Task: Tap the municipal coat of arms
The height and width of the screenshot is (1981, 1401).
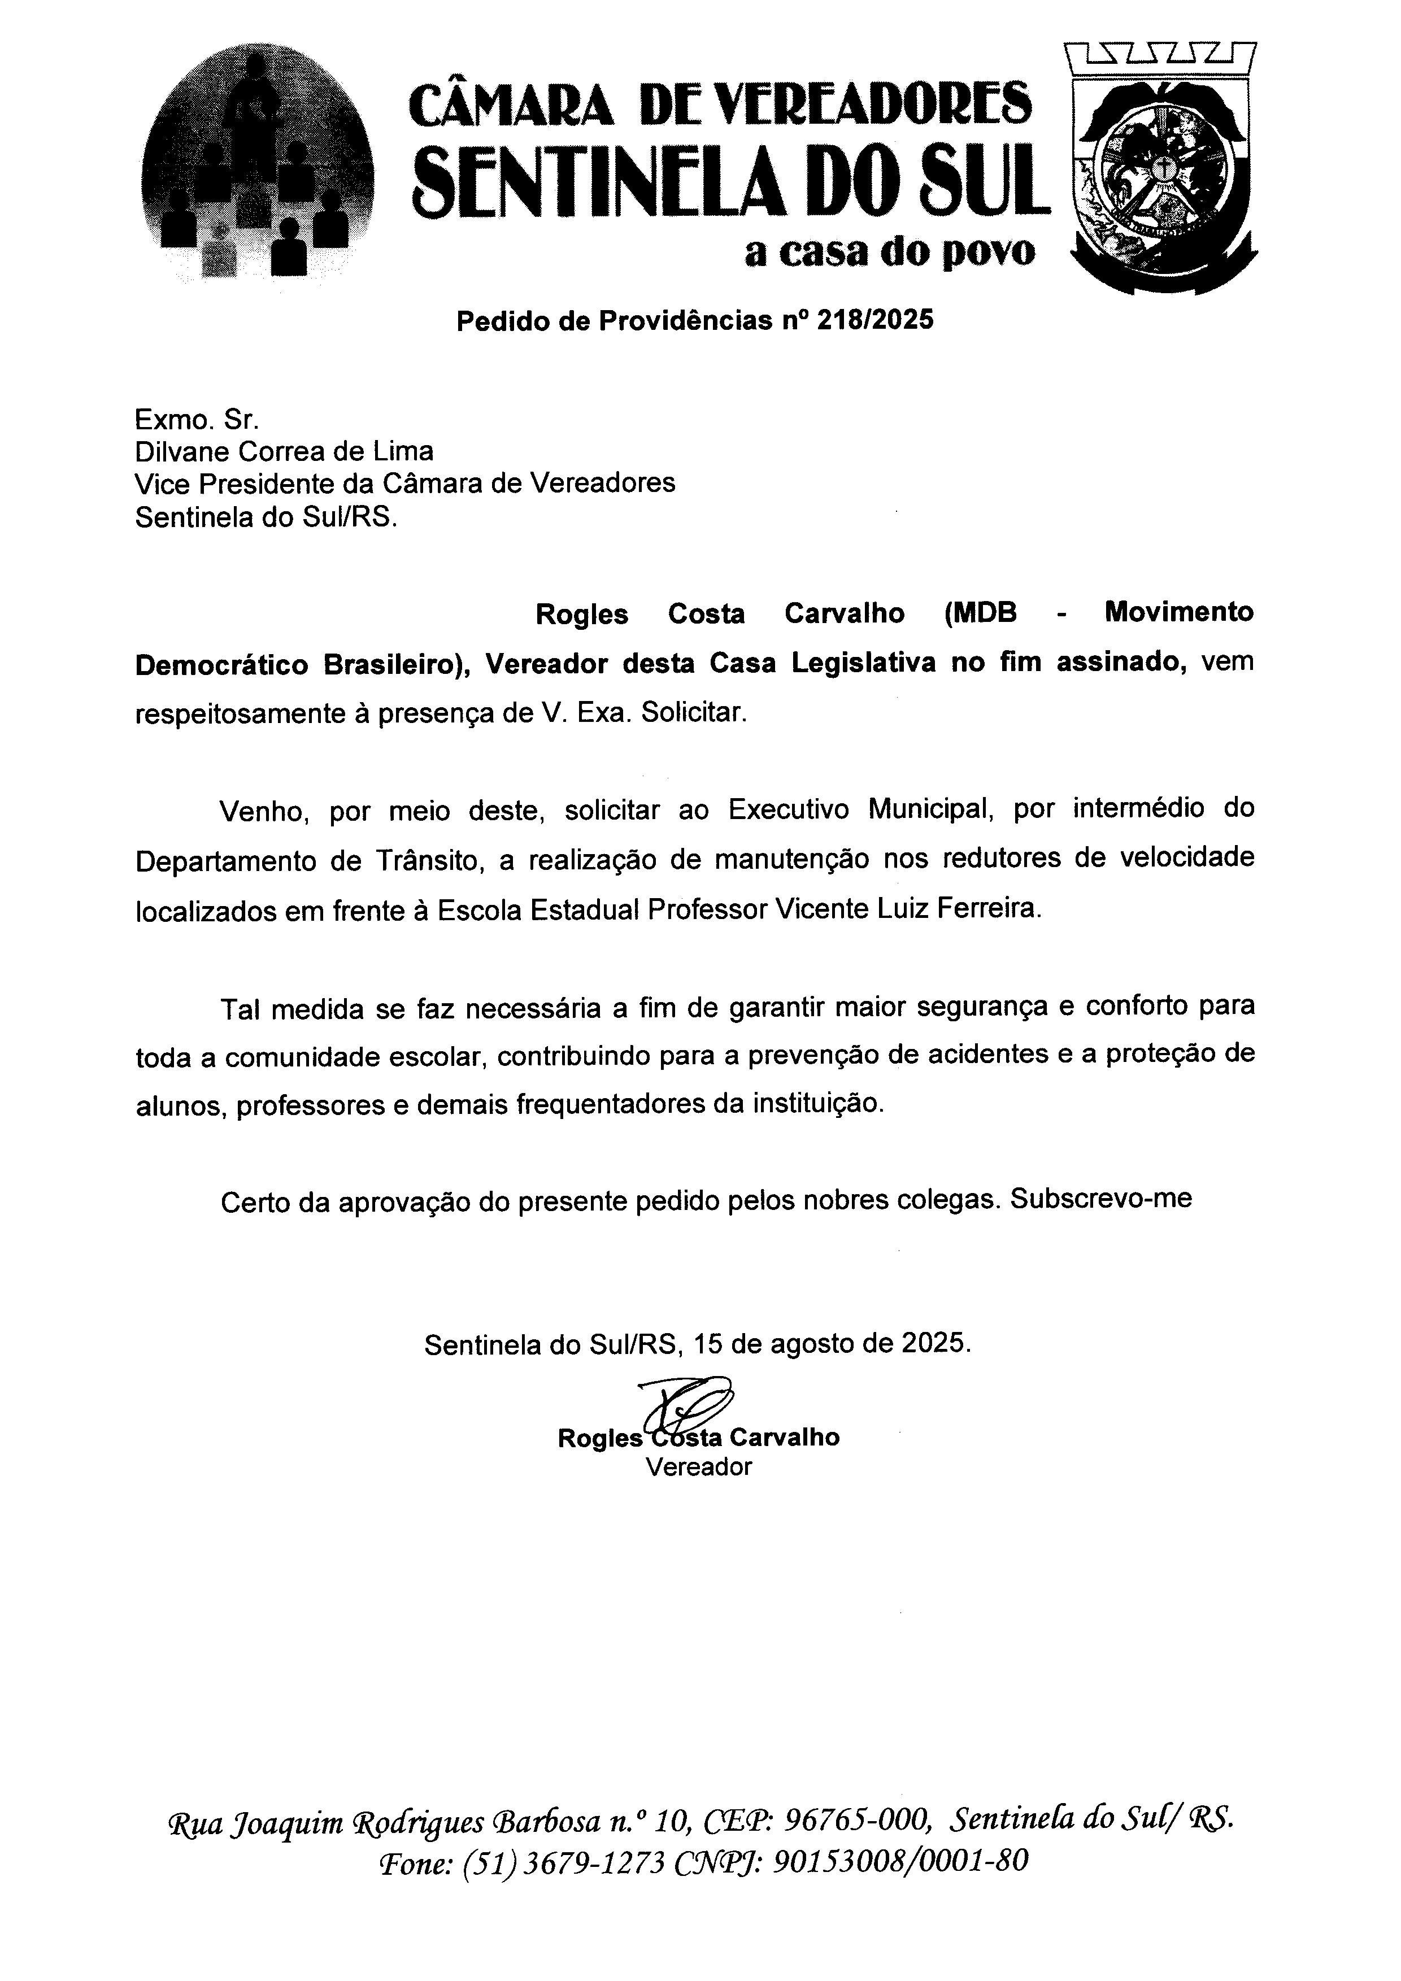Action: (1160, 168)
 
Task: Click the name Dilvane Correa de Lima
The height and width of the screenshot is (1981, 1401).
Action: (284, 451)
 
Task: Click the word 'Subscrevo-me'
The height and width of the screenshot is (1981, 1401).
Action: (1101, 1199)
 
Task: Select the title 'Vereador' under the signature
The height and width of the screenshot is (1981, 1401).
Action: (699, 1467)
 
